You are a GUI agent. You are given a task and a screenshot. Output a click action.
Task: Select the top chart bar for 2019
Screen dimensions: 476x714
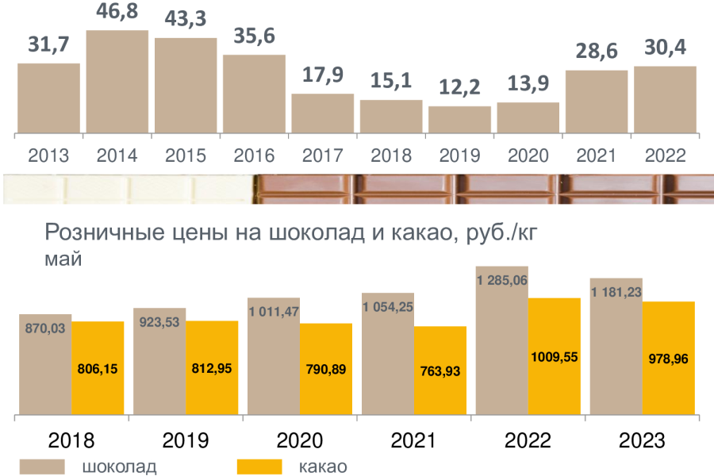click(459, 119)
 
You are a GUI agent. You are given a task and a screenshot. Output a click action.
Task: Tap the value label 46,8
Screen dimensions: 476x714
click(117, 14)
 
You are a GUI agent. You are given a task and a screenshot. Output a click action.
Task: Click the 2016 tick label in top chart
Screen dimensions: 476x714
click(254, 155)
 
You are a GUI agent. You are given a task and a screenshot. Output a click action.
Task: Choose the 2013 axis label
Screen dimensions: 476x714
click(48, 155)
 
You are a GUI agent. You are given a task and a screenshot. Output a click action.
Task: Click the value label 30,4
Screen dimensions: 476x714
click(665, 48)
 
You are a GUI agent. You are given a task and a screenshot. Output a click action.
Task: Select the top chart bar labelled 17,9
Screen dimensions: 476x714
click(322, 113)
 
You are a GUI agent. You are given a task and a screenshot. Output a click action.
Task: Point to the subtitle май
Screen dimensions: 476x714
click(63, 259)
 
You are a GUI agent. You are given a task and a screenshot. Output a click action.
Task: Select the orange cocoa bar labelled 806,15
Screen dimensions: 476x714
click(98, 368)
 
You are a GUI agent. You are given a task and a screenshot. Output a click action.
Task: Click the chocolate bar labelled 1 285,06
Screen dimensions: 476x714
click(501, 341)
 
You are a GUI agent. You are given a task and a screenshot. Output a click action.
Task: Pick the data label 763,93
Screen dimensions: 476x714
click(440, 370)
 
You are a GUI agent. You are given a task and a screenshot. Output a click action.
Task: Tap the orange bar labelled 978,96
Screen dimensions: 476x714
click(668, 359)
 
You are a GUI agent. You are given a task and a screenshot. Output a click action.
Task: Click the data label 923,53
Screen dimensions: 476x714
click(159, 323)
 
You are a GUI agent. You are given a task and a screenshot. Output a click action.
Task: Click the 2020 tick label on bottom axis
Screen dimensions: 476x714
click(297, 440)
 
